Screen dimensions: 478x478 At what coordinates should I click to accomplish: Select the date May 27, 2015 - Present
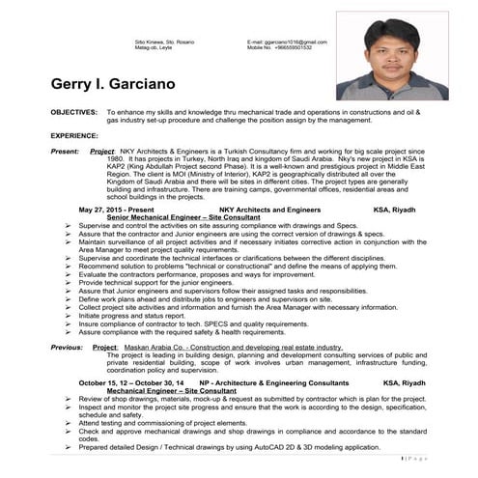pyautogui.click(x=117, y=209)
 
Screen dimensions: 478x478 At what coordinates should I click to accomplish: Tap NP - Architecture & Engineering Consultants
pyautogui.click(x=273, y=382)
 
